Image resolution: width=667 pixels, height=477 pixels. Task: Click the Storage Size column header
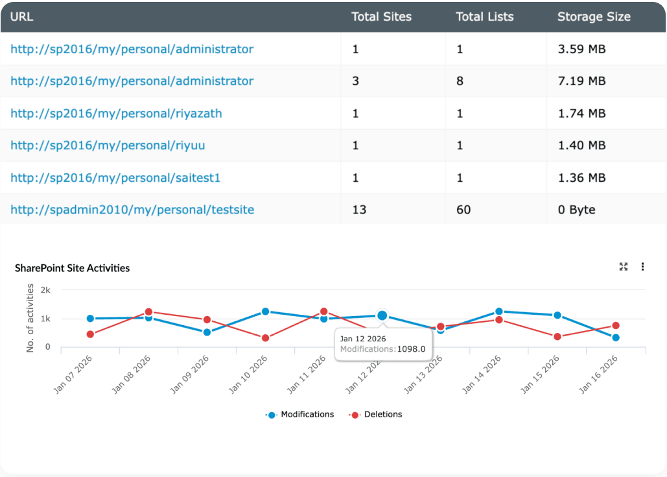(x=594, y=17)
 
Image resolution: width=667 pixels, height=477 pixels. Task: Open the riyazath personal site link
(x=116, y=114)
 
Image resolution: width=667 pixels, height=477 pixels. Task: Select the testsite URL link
(x=132, y=210)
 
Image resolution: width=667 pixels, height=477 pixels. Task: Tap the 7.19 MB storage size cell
(x=581, y=81)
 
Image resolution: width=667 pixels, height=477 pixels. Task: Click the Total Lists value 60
(x=463, y=210)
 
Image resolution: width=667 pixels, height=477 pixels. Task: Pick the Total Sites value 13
(x=359, y=210)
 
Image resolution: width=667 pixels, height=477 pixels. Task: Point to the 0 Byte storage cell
(x=576, y=210)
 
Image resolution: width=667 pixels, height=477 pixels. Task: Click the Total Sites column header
(x=381, y=17)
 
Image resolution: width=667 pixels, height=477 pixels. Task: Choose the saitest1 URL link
(x=115, y=178)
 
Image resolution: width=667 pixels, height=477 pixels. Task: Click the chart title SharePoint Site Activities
(x=72, y=268)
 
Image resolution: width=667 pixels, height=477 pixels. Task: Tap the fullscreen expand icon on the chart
(x=624, y=267)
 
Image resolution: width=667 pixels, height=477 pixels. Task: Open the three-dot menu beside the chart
(x=642, y=267)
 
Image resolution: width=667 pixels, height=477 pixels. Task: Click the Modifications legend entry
(x=307, y=414)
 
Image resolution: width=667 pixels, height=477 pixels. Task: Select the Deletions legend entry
(x=382, y=414)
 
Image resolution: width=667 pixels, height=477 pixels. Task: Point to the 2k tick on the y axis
(x=45, y=290)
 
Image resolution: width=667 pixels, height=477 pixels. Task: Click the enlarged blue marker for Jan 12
(x=382, y=315)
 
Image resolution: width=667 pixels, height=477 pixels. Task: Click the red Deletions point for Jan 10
(x=266, y=338)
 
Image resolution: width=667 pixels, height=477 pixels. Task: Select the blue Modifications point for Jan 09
(x=207, y=332)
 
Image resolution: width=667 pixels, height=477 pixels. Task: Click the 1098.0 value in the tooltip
(x=411, y=349)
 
